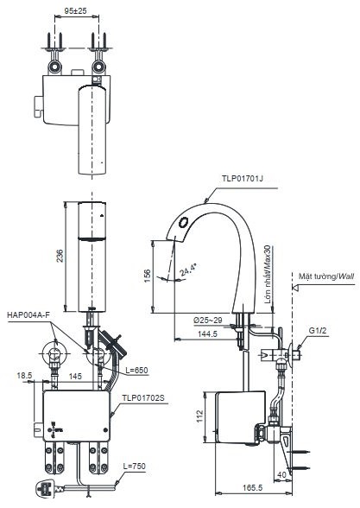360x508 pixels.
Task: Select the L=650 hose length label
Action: click(136, 370)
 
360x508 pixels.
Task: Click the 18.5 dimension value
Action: click(24, 376)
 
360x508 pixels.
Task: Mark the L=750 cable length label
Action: click(133, 467)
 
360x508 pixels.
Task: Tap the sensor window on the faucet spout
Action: click(182, 225)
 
